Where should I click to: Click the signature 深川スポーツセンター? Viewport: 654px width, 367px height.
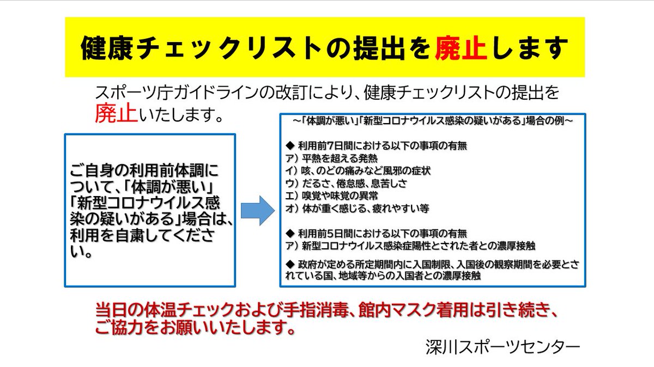point(503,346)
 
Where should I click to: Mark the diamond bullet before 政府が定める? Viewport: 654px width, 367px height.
point(290,264)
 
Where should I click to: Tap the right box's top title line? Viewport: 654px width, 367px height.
point(433,121)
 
